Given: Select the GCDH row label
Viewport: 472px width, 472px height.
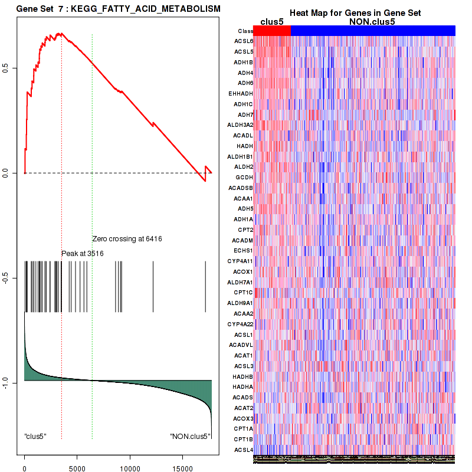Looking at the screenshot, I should click(x=244, y=177).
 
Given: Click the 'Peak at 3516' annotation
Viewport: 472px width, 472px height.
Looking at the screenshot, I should click(x=83, y=253).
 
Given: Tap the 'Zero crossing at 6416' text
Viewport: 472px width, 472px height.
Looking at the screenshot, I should click(x=127, y=239).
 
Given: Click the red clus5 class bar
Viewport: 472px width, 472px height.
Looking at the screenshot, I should click(x=272, y=31).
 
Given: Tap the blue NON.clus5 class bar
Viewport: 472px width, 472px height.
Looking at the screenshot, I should click(x=373, y=31).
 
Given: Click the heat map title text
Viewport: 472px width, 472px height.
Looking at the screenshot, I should click(x=355, y=13).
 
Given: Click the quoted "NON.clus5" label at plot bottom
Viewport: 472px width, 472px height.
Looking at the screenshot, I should click(x=189, y=437).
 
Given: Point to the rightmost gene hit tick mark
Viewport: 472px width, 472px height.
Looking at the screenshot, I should click(x=205, y=286).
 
